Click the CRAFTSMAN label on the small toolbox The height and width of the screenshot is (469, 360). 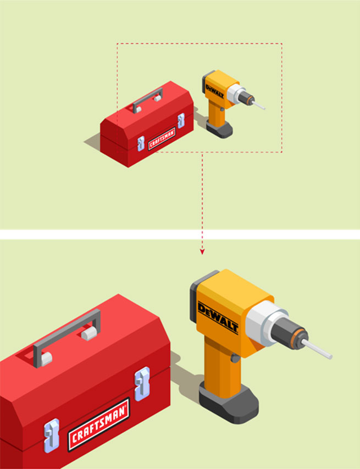coord(162,139)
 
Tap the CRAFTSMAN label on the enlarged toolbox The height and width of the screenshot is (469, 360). coord(99,424)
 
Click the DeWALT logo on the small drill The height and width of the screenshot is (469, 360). coord(214,92)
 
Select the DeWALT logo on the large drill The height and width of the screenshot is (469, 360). coord(218,318)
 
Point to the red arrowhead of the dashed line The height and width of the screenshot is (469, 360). coord(202,252)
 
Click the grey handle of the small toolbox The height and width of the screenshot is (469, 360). coord(147,99)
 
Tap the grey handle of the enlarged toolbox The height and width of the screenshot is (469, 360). coord(67,337)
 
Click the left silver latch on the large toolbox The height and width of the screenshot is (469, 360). coord(52,435)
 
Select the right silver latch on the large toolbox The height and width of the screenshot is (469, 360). coord(142,384)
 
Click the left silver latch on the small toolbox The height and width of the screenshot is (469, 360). coord(141,143)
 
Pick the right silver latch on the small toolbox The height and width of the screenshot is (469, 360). coord(181,120)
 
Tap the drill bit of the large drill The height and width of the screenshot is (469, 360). coord(317,349)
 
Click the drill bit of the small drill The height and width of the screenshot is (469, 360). coord(258,105)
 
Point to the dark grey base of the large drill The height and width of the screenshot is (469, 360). coord(229,403)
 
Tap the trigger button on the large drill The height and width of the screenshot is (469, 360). coord(235,358)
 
